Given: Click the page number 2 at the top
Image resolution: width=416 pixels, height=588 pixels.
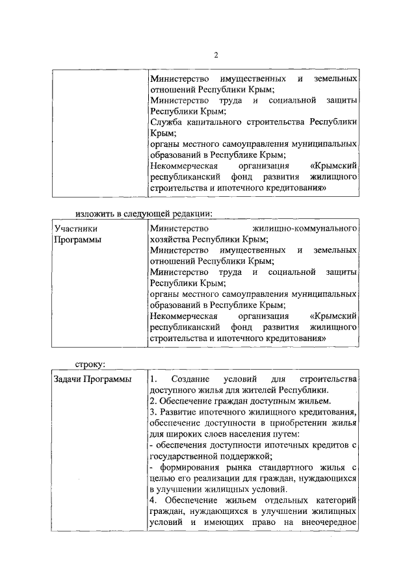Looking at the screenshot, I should [x=216, y=55].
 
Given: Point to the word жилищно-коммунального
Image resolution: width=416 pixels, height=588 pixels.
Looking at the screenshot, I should [x=305, y=229].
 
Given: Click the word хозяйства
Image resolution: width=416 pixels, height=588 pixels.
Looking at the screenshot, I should [x=170, y=239].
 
